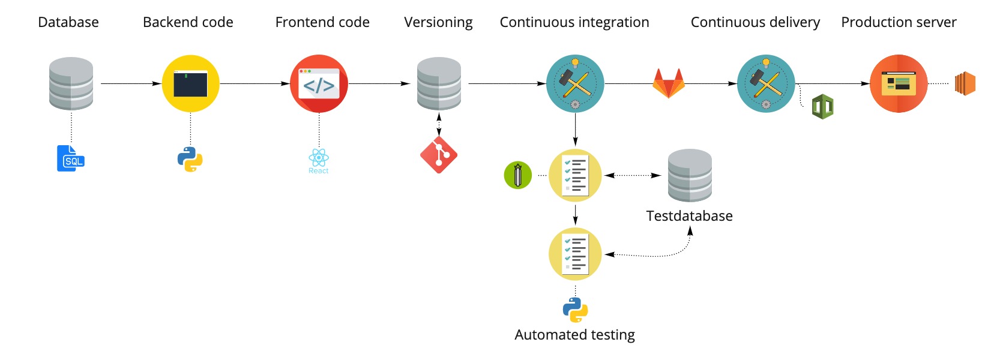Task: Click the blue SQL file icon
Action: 71,158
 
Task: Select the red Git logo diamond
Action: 439,155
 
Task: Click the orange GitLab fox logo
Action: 669,83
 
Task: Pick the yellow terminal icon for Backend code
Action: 190,83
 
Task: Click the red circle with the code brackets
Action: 319,83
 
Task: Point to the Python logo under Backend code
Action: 190,160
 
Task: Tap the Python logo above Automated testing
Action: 575,310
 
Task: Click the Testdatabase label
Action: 689,216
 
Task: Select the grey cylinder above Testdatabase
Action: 690,175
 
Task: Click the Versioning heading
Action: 438,22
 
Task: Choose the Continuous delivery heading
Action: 755,22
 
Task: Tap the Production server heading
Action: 899,22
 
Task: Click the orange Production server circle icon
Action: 899,83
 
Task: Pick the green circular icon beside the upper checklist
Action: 518,175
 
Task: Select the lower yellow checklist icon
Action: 575,254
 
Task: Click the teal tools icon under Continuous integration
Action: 575,83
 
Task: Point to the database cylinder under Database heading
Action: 71,83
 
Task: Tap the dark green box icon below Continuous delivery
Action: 822,107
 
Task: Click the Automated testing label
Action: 574,335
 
